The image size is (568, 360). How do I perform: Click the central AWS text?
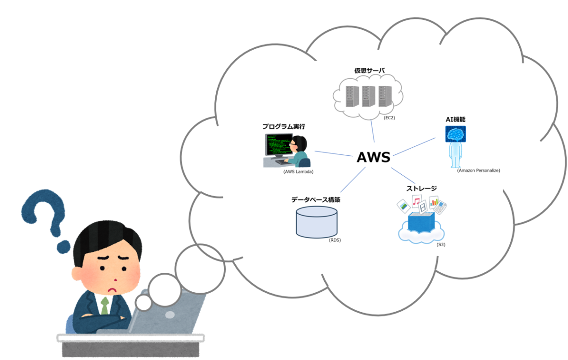pyautogui.click(x=373, y=157)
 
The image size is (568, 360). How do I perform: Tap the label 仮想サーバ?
pyautogui.click(x=369, y=71)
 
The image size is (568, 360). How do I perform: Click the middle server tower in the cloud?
pyautogui.click(x=369, y=96)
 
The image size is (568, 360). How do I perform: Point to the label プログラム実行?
pyautogui.click(x=284, y=127)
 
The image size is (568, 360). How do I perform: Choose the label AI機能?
pyautogui.click(x=455, y=120)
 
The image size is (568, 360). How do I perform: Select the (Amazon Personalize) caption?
pyautogui.click(x=479, y=170)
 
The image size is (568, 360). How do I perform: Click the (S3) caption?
pyautogui.click(x=441, y=244)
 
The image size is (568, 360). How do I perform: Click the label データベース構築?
pyautogui.click(x=316, y=199)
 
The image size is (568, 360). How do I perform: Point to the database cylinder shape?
pyautogui.click(x=317, y=222)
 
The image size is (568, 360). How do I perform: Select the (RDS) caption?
pyautogui.click(x=335, y=240)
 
